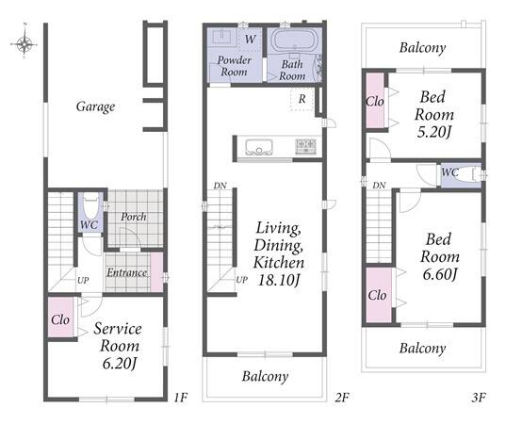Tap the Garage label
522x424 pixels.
pos(95,106)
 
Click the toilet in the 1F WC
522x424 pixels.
pos(90,206)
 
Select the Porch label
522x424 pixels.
pos(134,217)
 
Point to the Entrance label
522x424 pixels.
pos(127,272)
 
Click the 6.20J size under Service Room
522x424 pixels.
pos(120,364)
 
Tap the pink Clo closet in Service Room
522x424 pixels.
pos(60,317)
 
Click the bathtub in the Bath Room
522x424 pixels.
pos(294,41)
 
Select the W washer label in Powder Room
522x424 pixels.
pos(250,40)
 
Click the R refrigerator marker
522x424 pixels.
pos(302,99)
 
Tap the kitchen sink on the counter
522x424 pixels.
pos(259,147)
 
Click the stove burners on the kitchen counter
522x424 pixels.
pos(305,147)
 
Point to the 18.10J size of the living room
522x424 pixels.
pos(279,280)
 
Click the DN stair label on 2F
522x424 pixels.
pos(220,186)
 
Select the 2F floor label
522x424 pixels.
pos(342,397)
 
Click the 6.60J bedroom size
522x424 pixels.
pos(440,275)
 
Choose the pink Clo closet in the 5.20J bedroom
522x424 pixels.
pos(375,101)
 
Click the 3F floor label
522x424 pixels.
pos(479,397)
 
